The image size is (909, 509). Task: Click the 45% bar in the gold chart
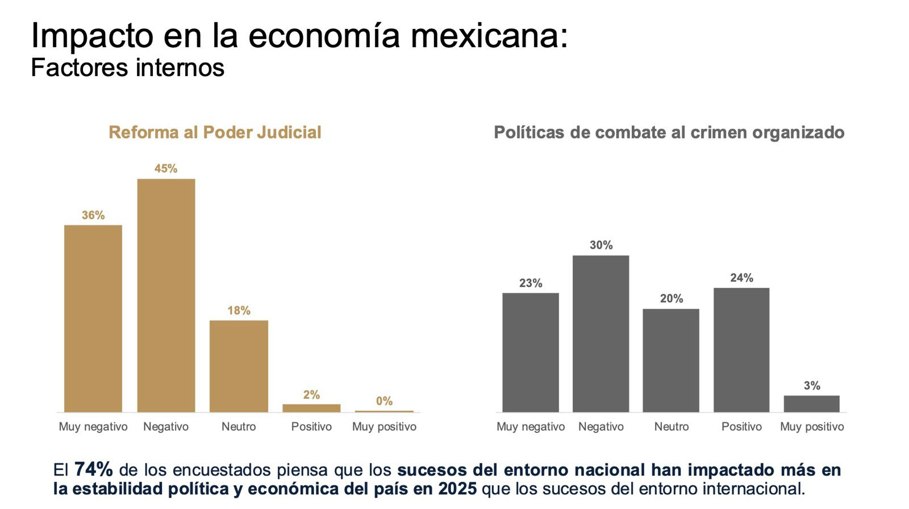coord(166,295)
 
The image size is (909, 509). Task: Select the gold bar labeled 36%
coord(93,318)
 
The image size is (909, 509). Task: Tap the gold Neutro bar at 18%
coord(239,366)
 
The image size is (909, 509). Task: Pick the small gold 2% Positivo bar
coord(311,408)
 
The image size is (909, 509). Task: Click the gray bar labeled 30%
coord(601,334)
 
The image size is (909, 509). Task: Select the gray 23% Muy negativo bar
coord(531,352)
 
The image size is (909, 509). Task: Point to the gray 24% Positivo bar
coord(741,350)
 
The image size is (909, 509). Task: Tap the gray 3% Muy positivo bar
coord(811,403)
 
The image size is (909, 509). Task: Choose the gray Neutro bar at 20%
coord(671,360)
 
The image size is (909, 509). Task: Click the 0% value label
coord(384,401)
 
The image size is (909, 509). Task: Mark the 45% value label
coord(166,169)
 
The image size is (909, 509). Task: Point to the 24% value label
coord(741,278)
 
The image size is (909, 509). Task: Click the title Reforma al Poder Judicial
coord(215,132)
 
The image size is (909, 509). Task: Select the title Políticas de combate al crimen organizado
coord(669,132)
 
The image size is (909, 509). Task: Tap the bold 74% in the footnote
coord(93,469)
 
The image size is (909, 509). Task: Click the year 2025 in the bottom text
coord(457,489)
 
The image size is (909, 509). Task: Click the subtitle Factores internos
coord(128,68)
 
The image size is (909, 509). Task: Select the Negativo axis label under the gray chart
coord(601,427)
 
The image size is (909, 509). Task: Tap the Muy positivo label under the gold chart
coord(384,427)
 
